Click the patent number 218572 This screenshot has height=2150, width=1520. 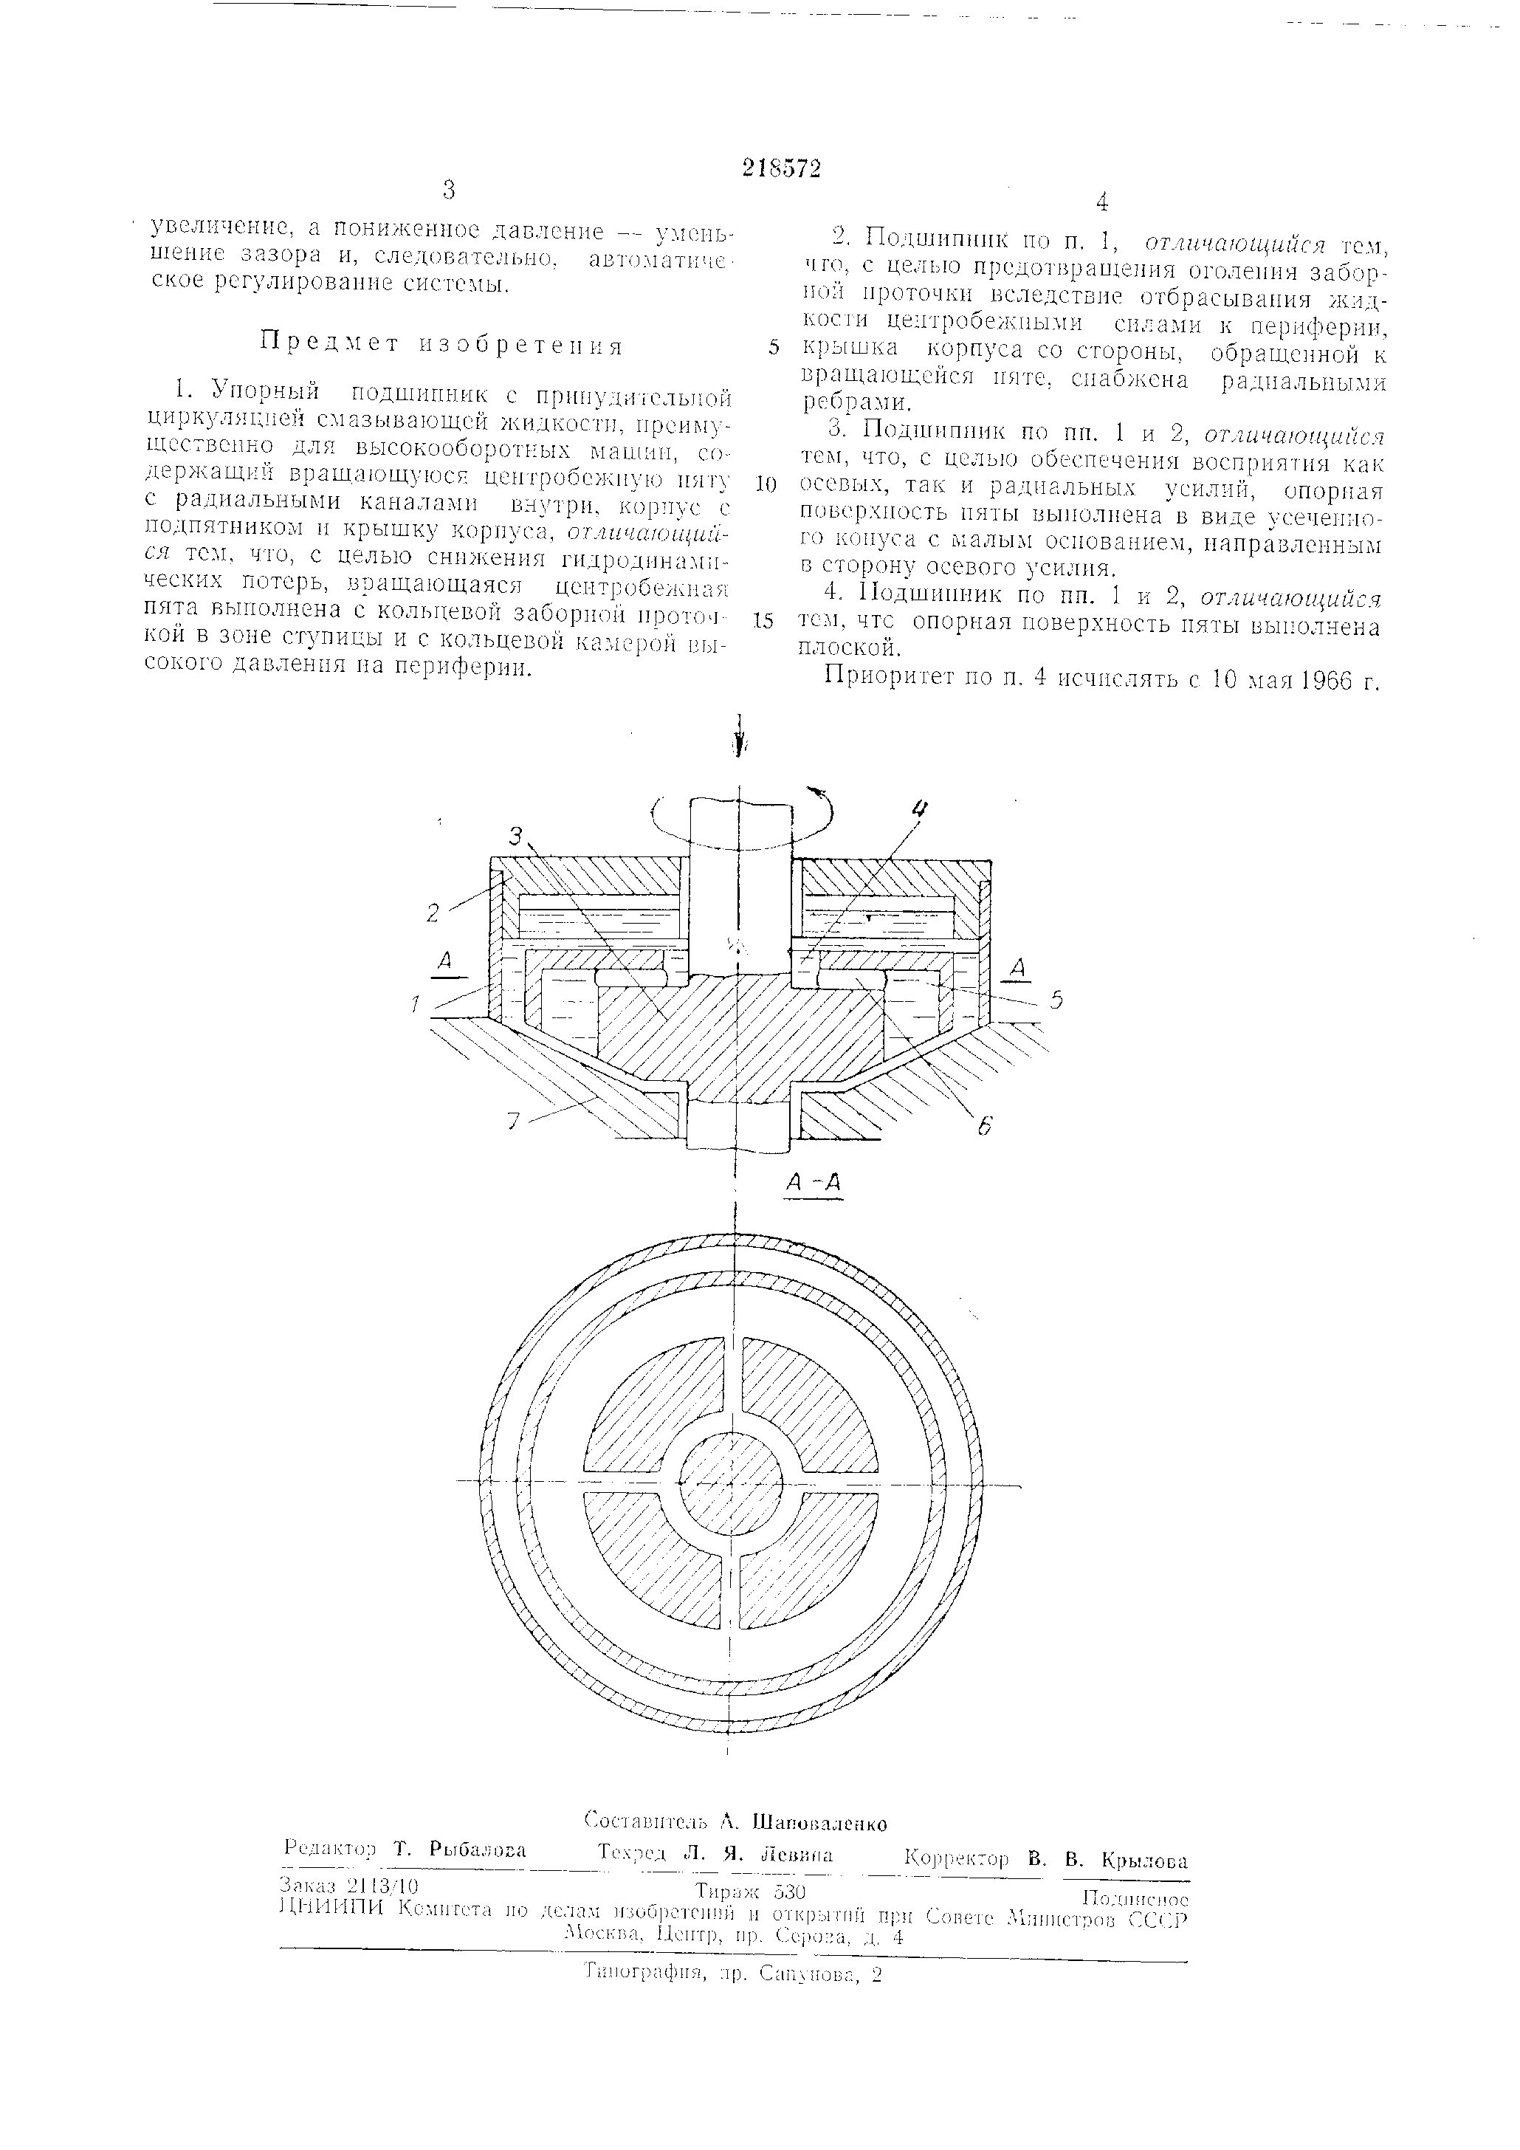(781, 168)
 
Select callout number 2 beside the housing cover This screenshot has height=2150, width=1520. (433, 911)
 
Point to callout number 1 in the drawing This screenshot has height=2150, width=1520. (413, 1006)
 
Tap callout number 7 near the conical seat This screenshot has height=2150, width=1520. (512, 1121)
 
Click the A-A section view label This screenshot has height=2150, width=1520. (813, 1183)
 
